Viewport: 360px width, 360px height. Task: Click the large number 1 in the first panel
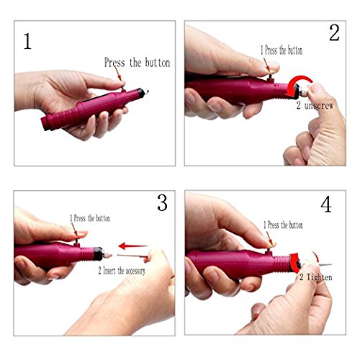[28, 40]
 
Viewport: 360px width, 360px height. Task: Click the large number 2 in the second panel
[334, 33]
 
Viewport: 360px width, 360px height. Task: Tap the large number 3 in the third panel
[161, 204]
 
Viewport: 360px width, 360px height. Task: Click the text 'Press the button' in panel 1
[137, 63]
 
